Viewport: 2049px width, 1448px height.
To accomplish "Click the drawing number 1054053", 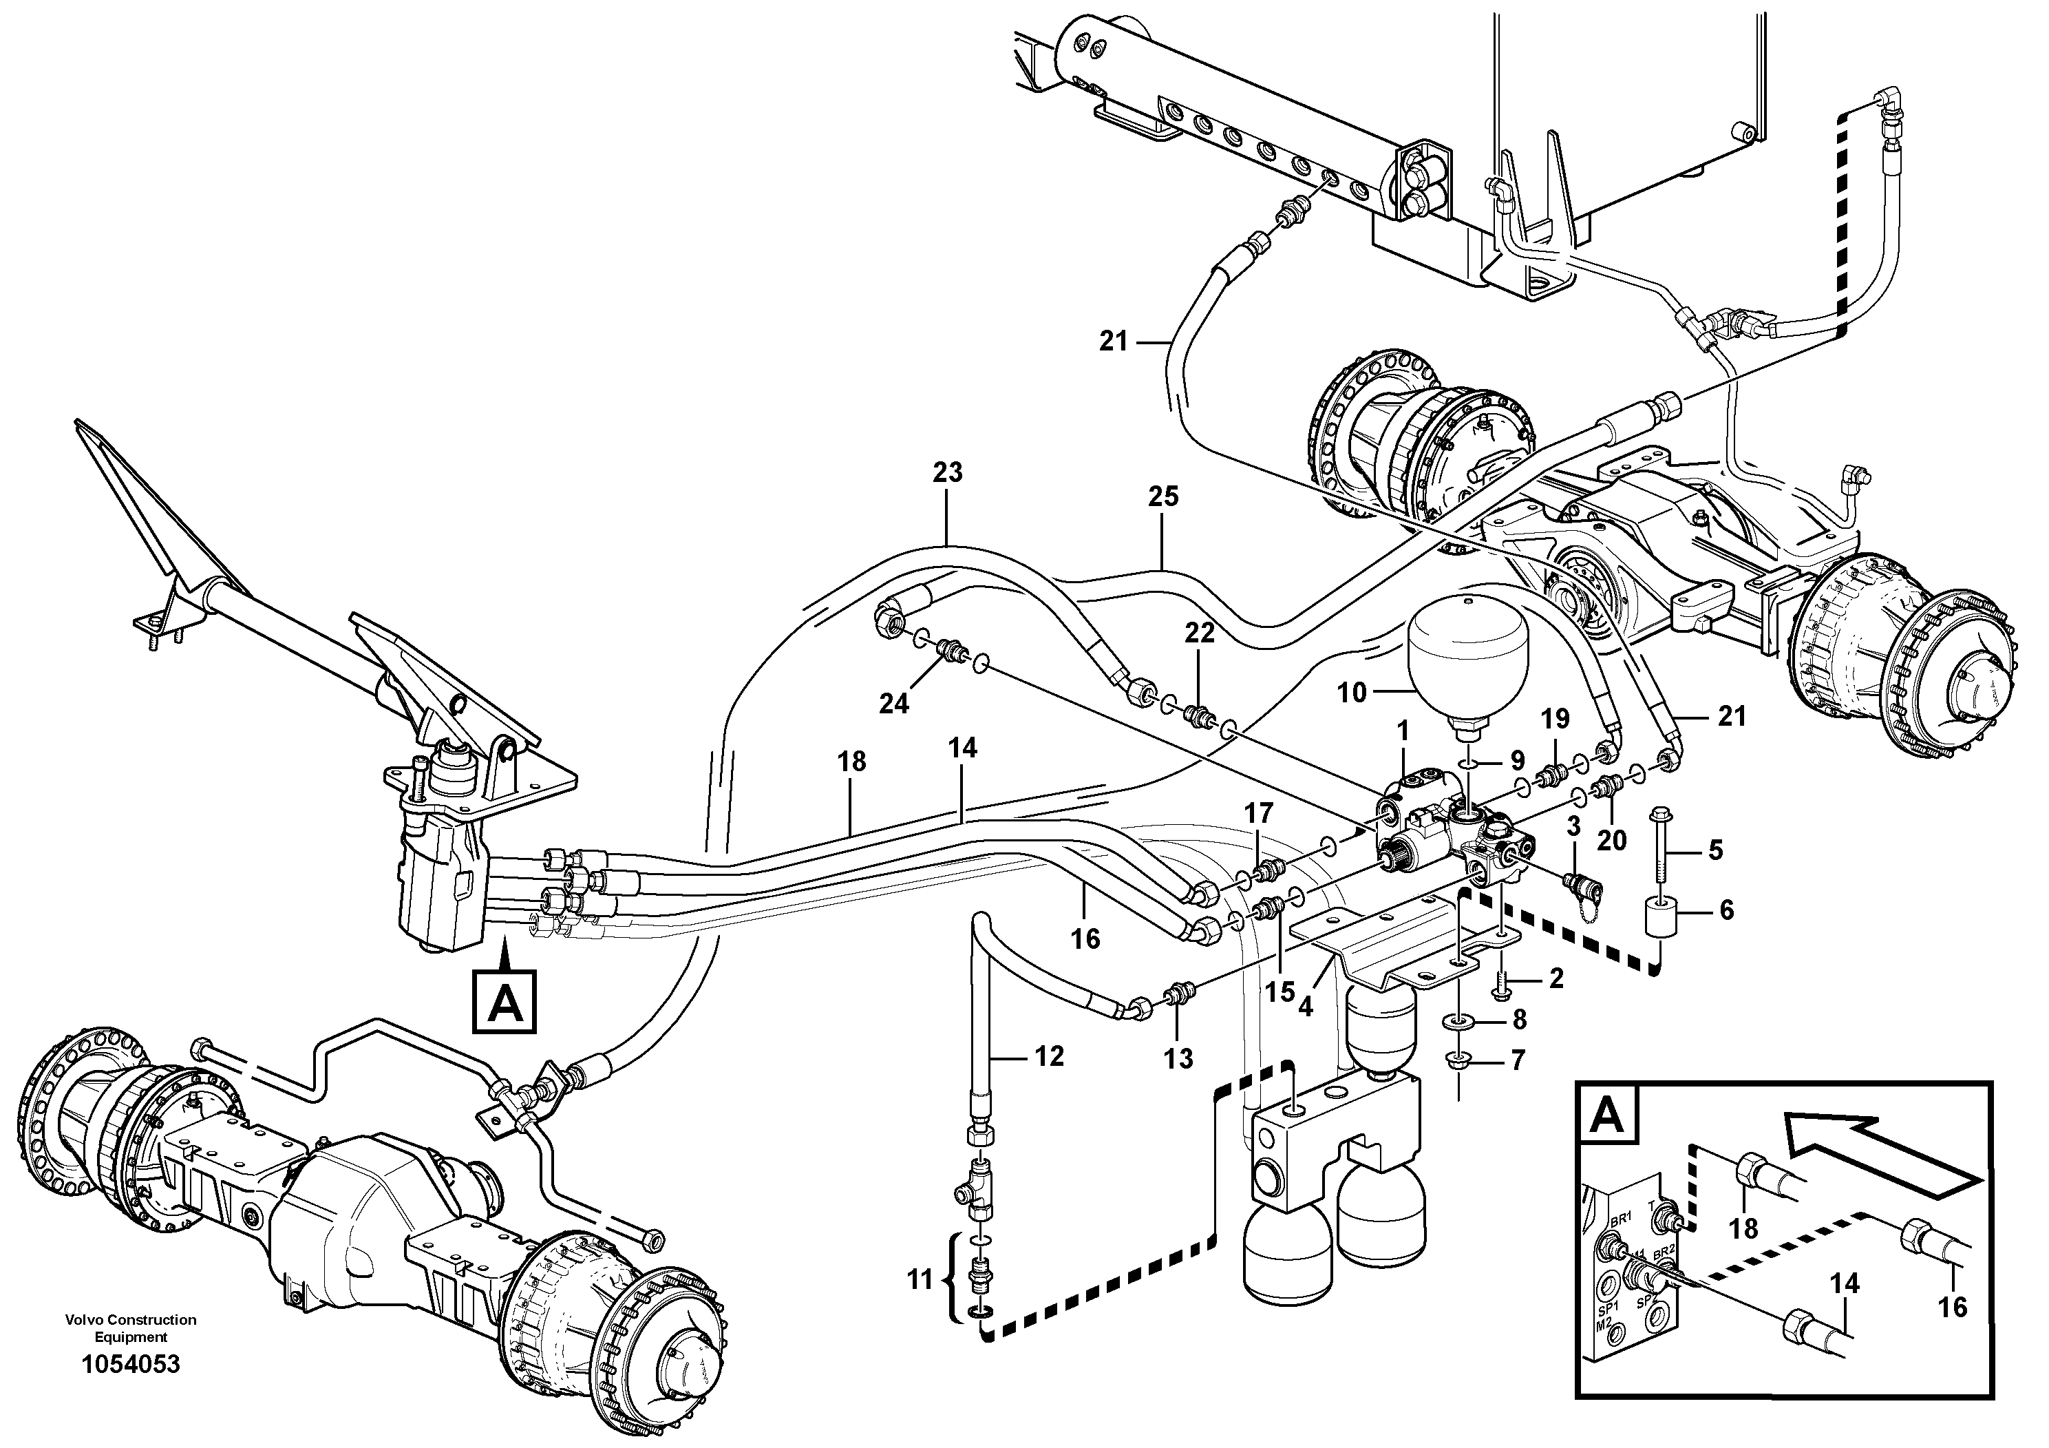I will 130,1365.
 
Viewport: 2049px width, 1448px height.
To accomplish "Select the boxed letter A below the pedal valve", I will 505,1000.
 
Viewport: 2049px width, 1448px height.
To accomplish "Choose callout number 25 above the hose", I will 1162,496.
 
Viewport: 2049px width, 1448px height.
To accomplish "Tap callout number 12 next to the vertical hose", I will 1050,1056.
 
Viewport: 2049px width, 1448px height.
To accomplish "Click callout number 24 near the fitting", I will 894,704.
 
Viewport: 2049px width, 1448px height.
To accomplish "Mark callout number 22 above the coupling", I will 1200,633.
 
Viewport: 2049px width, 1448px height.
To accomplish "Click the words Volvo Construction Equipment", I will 130,1328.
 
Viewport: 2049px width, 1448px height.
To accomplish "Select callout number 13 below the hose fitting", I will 1178,1060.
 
